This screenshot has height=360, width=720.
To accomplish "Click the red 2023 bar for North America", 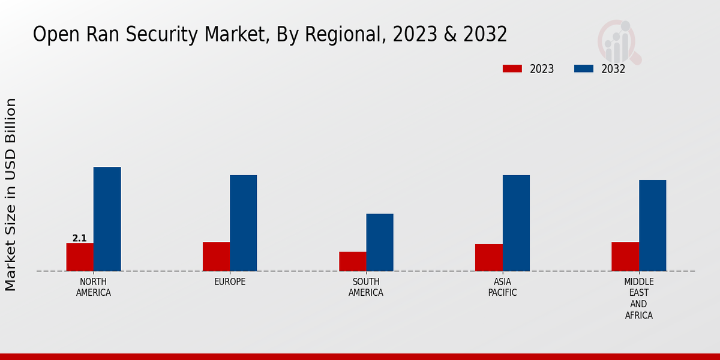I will [x=80, y=257].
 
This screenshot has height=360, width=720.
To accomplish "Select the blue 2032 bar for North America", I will [x=107, y=219].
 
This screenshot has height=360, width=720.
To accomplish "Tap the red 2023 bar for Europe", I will [x=216, y=256].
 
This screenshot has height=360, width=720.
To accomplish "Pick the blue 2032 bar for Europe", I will [x=243, y=223].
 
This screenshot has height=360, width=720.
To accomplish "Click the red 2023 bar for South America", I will [x=352, y=261].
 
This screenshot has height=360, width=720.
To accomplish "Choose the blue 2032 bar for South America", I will [x=380, y=242].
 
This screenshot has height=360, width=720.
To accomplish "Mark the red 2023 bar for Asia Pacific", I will [x=488, y=257].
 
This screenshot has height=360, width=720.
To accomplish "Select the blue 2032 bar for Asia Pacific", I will [x=516, y=223].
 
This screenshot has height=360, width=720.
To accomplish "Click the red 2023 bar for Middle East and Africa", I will [x=625, y=256].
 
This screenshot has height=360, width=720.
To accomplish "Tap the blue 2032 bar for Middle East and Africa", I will [x=652, y=226].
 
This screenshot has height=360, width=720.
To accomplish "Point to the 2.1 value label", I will [x=80, y=238].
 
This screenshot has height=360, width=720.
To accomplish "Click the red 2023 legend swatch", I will [x=512, y=68].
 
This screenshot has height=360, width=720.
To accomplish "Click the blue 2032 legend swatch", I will [x=584, y=68].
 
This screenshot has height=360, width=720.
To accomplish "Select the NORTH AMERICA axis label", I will [x=94, y=287].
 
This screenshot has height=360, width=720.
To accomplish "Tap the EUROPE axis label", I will [x=230, y=281].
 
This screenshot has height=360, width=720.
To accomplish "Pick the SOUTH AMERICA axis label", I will [x=366, y=287].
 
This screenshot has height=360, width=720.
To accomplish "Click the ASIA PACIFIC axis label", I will [x=502, y=287].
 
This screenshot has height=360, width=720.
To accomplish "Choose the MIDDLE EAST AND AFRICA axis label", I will [x=639, y=298].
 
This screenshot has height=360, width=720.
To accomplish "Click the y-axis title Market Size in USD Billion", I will [x=11, y=195].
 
